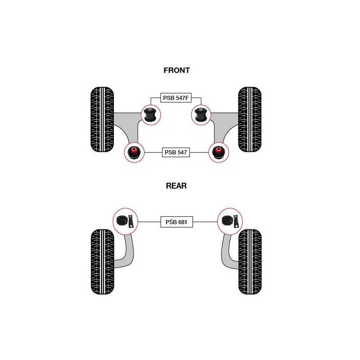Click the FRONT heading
[176, 71]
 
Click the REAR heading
[176, 186]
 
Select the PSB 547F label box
[176, 98]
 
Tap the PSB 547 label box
[176, 153]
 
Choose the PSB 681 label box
[176, 222]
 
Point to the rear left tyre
[102, 262]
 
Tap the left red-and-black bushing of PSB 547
[134, 152]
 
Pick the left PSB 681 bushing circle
[126, 222]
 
